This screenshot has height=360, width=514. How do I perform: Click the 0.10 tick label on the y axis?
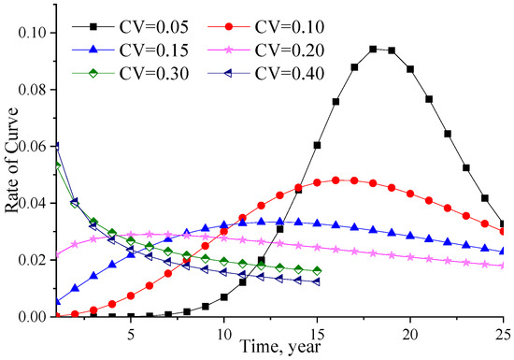tap(36, 33)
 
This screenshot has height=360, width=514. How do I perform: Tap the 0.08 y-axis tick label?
tap(36, 90)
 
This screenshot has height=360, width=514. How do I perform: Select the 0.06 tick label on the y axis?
tap(36, 147)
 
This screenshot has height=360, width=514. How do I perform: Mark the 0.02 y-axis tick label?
tap(36, 260)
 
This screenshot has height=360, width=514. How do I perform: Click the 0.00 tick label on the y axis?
tap(36, 317)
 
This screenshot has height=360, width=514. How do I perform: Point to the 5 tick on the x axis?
tap(131, 332)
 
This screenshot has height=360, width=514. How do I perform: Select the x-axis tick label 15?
tap(318, 332)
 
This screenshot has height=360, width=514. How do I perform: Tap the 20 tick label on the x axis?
tap(410, 332)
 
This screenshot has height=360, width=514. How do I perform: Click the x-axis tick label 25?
tap(502, 332)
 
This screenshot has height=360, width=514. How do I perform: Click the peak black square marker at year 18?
tap(373, 49)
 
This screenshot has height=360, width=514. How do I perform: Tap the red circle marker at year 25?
tap(504, 231)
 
